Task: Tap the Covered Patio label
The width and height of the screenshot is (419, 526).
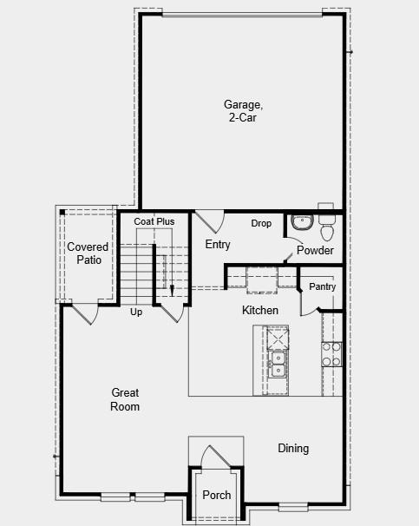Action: (88, 253)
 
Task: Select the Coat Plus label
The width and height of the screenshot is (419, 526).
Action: (154, 222)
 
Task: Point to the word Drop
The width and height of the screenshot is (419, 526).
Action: (261, 224)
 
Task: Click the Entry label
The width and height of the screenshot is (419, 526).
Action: (218, 245)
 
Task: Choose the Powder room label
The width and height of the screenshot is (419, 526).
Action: (315, 251)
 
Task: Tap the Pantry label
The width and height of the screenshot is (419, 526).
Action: (322, 287)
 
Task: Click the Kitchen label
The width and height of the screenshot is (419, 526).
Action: (260, 311)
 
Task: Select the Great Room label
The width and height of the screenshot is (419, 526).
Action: (125, 399)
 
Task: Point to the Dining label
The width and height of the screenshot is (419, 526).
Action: (293, 449)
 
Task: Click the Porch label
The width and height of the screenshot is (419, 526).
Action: (217, 496)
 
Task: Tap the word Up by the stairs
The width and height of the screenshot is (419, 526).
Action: (136, 312)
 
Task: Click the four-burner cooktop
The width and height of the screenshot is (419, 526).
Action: (331, 354)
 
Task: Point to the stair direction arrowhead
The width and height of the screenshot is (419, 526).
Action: (172, 291)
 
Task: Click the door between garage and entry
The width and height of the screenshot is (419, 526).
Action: (206, 221)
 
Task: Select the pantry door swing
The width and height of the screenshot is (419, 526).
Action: (310, 303)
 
